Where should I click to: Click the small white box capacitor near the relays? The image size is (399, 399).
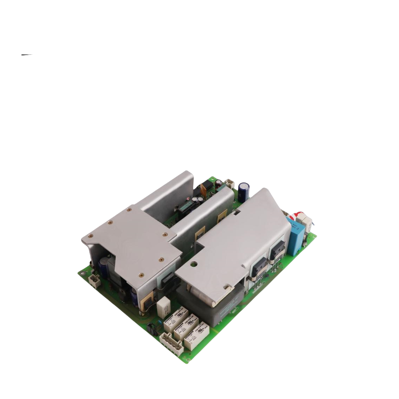[163, 305]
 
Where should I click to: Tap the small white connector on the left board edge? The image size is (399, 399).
[95, 280]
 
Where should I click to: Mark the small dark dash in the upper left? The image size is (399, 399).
[27, 55]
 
